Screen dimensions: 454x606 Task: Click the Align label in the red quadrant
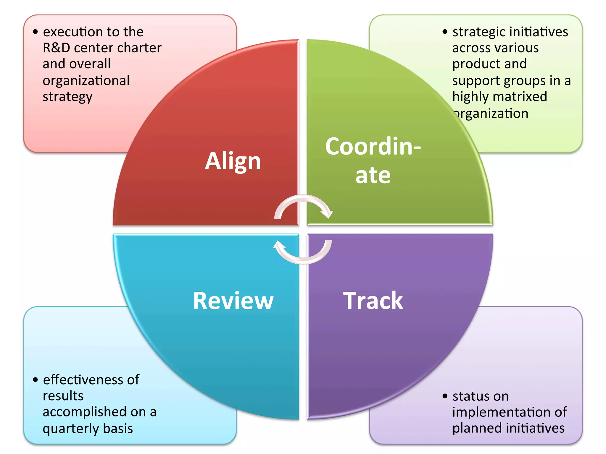pos(233,161)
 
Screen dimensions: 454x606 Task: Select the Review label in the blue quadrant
pos(233,301)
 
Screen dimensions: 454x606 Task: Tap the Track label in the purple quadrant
pos(373,301)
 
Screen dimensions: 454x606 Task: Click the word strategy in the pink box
pos(67,97)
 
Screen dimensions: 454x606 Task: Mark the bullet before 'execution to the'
pos(36,32)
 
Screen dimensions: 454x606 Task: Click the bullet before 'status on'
pos(445,396)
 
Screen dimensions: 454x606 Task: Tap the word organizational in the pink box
pos(86,80)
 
